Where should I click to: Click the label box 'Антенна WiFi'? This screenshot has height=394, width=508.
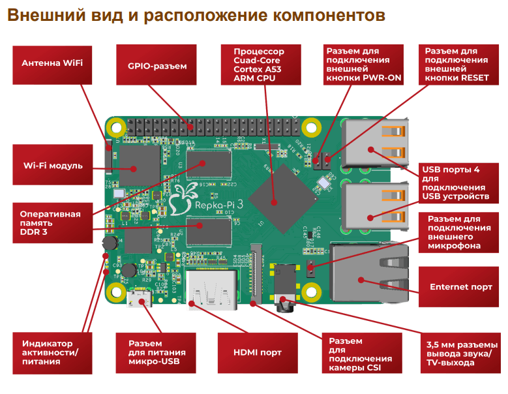52,64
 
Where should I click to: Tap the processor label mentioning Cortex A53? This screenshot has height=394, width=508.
259,65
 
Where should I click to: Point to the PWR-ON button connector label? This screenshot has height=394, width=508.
363,65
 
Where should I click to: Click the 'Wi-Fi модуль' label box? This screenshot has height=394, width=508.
52,166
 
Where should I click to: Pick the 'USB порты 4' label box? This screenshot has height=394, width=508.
456,183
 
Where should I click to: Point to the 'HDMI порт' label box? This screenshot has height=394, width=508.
258,352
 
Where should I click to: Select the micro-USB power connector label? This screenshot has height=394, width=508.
157,352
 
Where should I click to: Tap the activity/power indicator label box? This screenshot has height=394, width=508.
52,352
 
